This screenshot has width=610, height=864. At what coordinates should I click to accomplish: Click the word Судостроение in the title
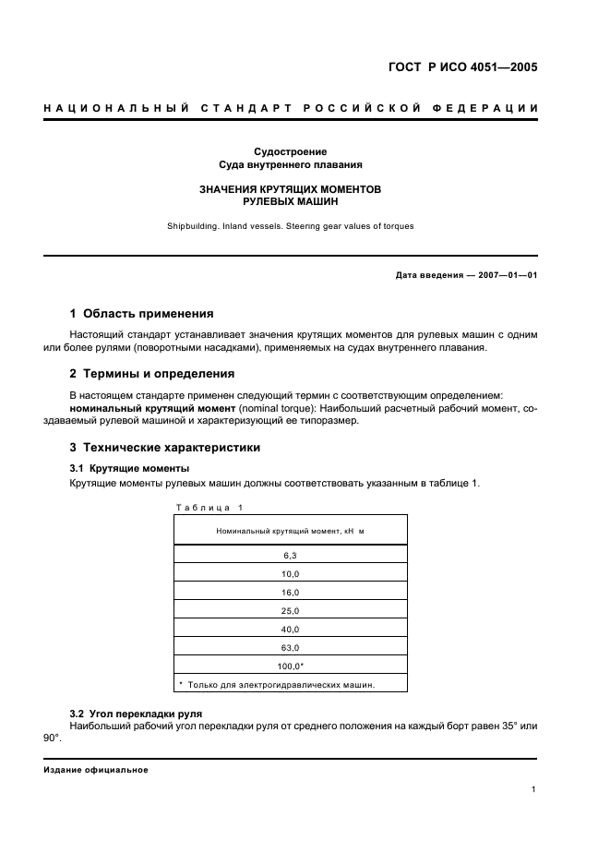click(x=291, y=151)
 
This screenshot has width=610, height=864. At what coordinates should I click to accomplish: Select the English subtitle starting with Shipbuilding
click(x=291, y=225)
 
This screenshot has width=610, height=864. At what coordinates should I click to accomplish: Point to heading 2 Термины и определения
click(x=152, y=374)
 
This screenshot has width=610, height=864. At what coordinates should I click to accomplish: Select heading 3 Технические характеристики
click(x=166, y=448)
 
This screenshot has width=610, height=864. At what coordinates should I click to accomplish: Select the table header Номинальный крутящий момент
click(x=290, y=531)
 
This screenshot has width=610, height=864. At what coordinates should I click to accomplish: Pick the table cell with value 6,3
click(x=290, y=556)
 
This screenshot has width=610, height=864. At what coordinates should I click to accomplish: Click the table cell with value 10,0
click(x=290, y=574)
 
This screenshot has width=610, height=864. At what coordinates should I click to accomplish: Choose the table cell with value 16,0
click(x=290, y=593)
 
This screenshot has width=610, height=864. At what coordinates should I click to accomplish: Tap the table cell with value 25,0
click(x=290, y=611)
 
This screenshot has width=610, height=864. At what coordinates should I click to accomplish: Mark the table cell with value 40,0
click(x=290, y=630)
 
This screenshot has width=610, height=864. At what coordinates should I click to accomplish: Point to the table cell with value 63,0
click(x=290, y=648)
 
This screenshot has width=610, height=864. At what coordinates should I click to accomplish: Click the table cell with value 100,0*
click(x=290, y=666)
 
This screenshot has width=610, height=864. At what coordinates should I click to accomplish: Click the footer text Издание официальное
click(x=96, y=770)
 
